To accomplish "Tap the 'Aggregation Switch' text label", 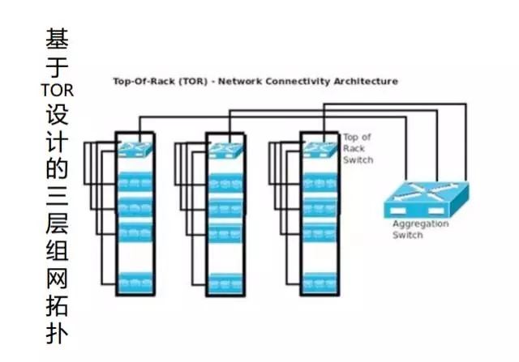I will [420, 229].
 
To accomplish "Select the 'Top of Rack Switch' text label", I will [358, 148].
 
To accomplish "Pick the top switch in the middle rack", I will [224, 148].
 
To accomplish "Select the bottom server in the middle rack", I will [224, 283].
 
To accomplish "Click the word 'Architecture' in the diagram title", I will [368, 81].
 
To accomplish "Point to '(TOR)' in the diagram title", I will [178, 81].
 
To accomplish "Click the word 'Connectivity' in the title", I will [306, 81].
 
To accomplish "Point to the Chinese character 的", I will [56, 169].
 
